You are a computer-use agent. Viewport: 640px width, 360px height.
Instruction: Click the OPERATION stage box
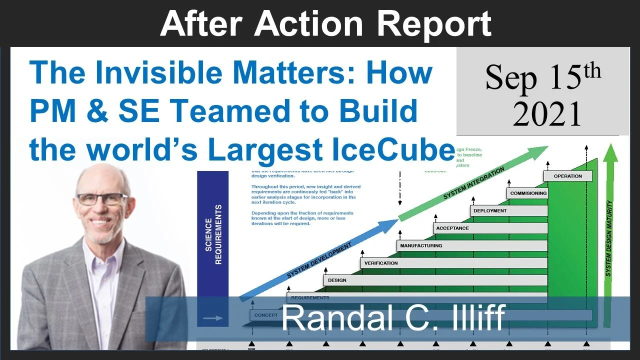[x=567, y=176]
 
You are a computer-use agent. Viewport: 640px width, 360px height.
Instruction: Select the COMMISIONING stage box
[x=528, y=193]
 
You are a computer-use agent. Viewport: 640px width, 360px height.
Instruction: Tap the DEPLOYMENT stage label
[x=490, y=210]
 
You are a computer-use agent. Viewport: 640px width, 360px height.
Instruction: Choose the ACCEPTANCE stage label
[x=452, y=228]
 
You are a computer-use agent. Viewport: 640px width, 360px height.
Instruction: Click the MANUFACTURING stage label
[x=420, y=245]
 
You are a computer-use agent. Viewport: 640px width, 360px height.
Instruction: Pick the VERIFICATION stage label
[x=381, y=263]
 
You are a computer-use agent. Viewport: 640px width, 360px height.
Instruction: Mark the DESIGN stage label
[x=337, y=280]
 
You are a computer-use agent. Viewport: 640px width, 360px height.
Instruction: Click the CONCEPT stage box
[x=265, y=315]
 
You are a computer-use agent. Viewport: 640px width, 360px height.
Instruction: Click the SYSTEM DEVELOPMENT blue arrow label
[x=319, y=260]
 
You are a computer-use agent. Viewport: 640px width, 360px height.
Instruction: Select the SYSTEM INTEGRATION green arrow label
[x=474, y=183]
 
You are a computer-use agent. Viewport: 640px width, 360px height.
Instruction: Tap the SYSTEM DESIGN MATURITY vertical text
[x=609, y=238]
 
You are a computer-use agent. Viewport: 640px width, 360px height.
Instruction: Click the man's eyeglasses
[x=101, y=199]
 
